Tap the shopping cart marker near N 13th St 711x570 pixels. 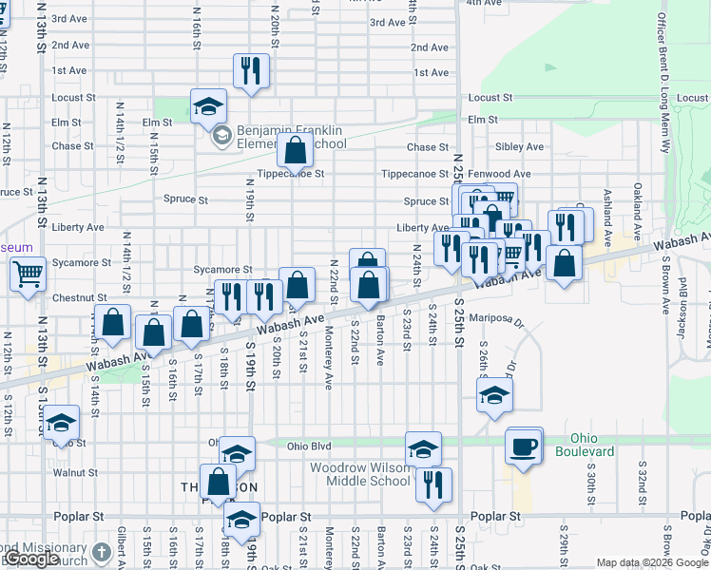click(x=29, y=274)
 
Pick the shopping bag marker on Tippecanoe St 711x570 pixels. click(x=296, y=151)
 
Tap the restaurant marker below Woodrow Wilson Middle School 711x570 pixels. click(x=433, y=484)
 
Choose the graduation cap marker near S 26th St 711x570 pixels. click(x=494, y=396)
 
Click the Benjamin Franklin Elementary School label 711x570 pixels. click(x=279, y=137)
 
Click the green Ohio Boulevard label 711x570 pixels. click(x=591, y=445)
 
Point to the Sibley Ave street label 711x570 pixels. click(x=519, y=147)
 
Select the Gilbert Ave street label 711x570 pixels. click(x=122, y=546)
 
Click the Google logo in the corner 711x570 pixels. click(x=30, y=559)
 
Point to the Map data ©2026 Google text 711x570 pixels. click(x=651, y=562)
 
